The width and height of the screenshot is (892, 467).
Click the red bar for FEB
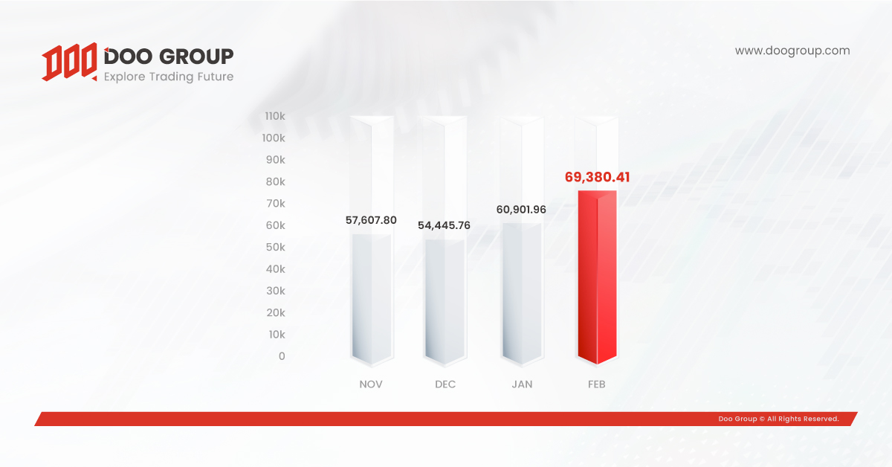pyautogui.click(x=598, y=277)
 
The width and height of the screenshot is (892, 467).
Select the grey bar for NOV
pyautogui.click(x=372, y=299)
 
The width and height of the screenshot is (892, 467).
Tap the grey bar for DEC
pyautogui.click(x=445, y=302)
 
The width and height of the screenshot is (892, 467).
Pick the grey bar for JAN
pyautogui.click(x=522, y=294)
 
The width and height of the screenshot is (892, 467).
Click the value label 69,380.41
pyautogui.click(x=598, y=177)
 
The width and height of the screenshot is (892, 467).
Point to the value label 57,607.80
pyautogui.click(x=371, y=220)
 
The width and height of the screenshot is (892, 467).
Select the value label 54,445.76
pyautogui.click(x=444, y=225)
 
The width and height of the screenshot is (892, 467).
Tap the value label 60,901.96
pyautogui.click(x=521, y=210)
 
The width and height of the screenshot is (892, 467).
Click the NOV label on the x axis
pyautogui.click(x=371, y=384)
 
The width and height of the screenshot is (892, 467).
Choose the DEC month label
pyautogui.click(x=445, y=384)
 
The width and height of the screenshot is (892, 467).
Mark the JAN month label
pyautogui.click(x=522, y=384)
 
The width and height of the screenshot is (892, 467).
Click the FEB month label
pyautogui.click(x=596, y=384)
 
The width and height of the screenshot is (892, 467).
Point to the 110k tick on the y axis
pyautogui.click(x=275, y=116)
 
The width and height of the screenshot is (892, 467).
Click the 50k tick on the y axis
pyautogui.click(x=276, y=247)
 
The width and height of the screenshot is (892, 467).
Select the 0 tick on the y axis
pyautogui.click(x=282, y=356)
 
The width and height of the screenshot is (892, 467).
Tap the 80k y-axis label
pyautogui.click(x=276, y=181)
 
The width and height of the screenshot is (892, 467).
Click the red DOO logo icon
pyautogui.click(x=69, y=62)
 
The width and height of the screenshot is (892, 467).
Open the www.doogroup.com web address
pyautogui.click(x=792, y=51)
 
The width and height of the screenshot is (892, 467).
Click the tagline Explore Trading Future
pyautogui.click(x=169, y=77)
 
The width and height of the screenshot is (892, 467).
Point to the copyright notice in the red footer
pyautogui.click(x=778, y=419)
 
